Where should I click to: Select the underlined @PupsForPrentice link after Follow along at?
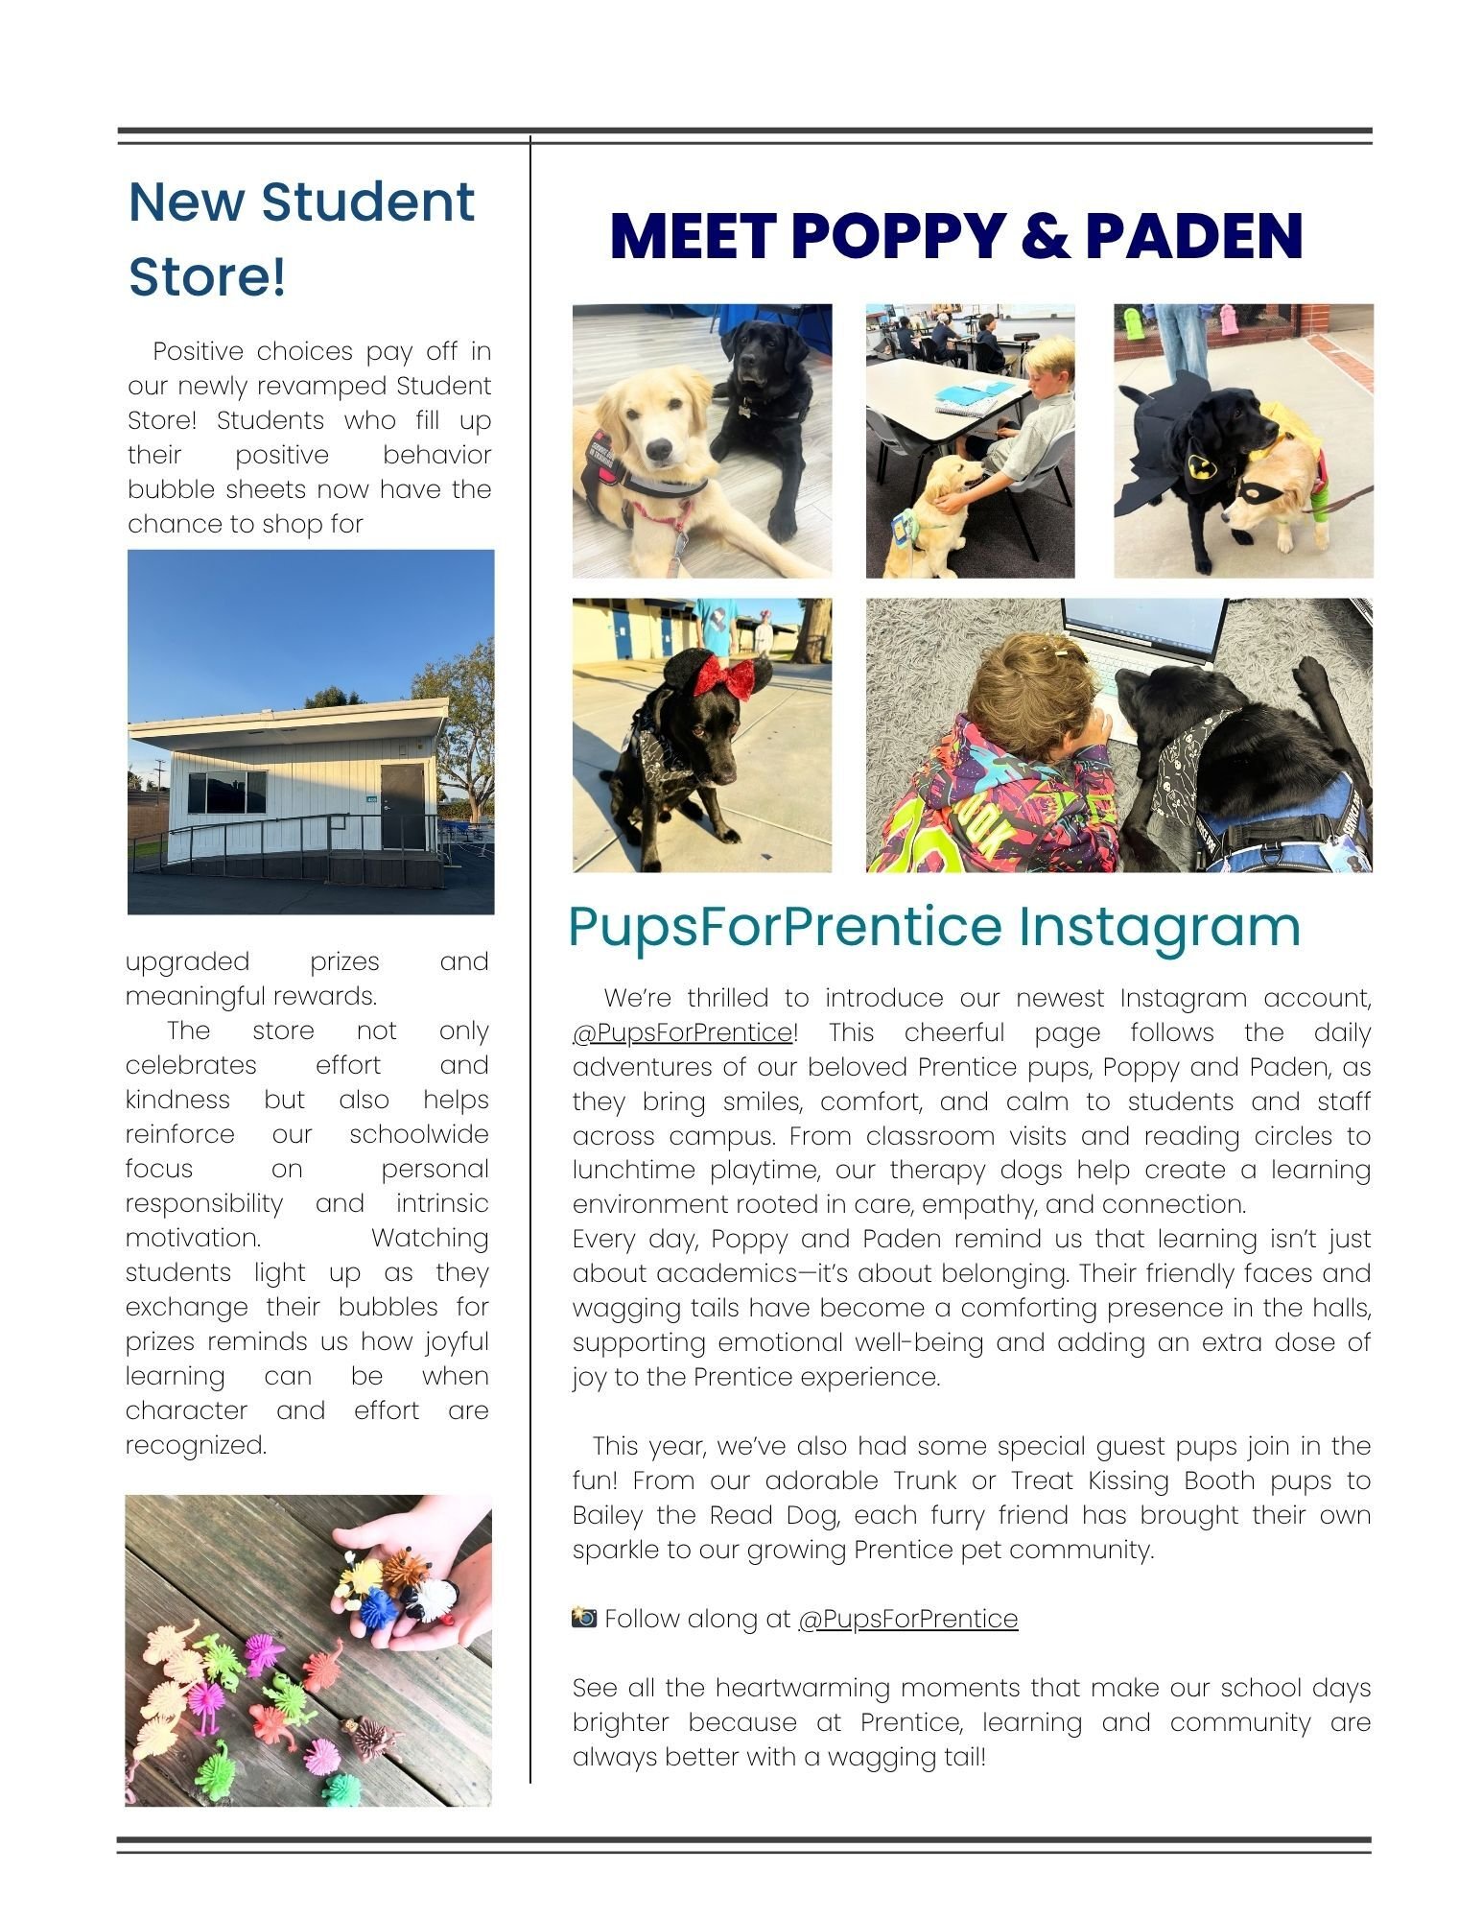[x=907, y=1619]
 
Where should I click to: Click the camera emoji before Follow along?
[x=584, y=1619]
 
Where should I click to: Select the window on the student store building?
[x=227, y=793]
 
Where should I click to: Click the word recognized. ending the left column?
[x=196, y=1445]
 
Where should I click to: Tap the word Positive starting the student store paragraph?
[x=199, y=352]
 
